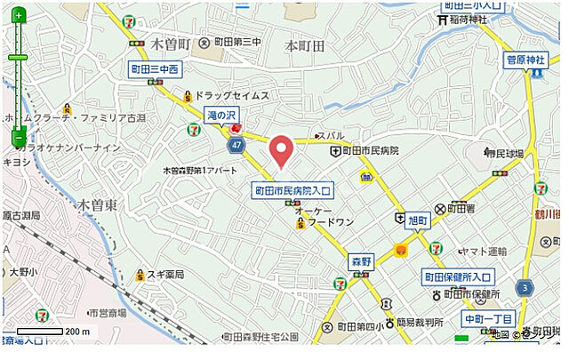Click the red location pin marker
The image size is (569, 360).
pyautogui.click(x=281, y=150)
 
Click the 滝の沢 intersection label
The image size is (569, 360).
pyautogui.click(x=221, y=116)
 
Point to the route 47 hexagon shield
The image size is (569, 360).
pyautogui.click(x=236, y=144)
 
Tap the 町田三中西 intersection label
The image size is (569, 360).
pyautogui.click(x=155, y=68)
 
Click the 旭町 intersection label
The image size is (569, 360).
pyautogui.click(x=417, y=219)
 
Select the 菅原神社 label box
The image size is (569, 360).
pyautogui.click(x=525, y=60)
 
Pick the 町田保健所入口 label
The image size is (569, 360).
pyautogui.click(x=457, y=276)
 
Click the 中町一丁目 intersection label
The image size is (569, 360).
pyautogui.click(x=488, y=318)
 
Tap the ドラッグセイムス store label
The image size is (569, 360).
pyautogui.click(x=230, y=95)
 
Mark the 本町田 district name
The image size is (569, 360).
pyautogui.click(x=305, y=44)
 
